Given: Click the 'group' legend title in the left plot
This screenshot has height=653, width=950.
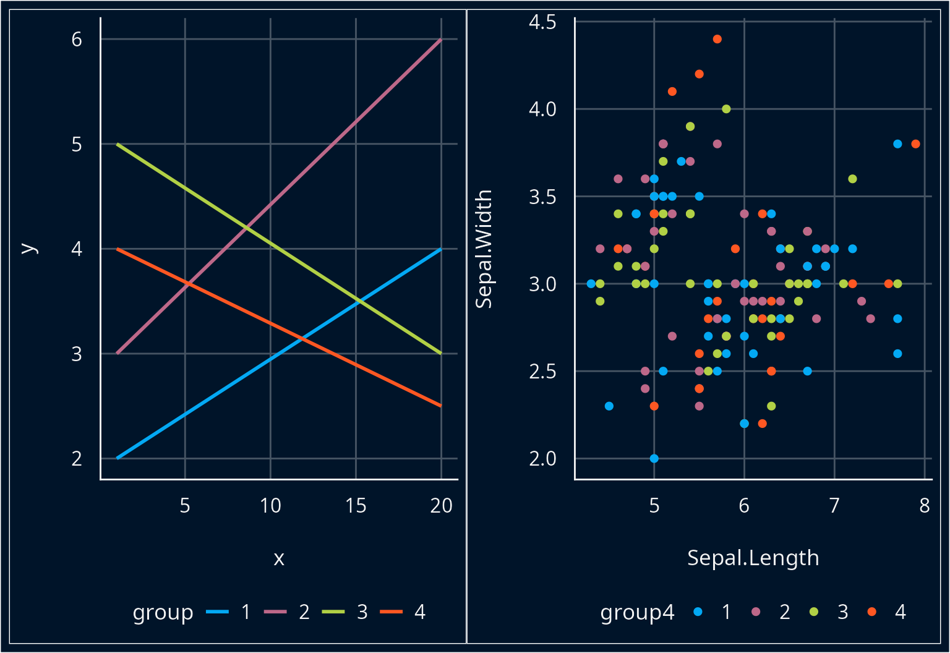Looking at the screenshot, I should click(163, 612).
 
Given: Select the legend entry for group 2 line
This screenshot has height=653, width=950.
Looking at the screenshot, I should click(275, 612).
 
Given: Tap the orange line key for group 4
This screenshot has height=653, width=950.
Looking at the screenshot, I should click(391, 612).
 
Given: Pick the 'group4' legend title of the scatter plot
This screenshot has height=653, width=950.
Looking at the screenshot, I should click(637, 612).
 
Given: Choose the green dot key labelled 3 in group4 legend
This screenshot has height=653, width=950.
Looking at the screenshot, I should click(814, 612).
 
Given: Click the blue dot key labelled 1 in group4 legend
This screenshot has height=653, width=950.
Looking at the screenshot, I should click(698, 612).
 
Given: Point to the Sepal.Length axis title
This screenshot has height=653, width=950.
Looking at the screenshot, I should click(753, 558).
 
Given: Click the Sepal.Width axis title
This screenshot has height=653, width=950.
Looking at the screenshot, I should click(484, 249).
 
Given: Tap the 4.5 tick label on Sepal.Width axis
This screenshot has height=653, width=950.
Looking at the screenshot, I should click(542, 22).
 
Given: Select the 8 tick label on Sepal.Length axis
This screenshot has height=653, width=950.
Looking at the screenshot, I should click(924, 506).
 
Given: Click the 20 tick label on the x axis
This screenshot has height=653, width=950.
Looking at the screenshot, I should click(441, 506).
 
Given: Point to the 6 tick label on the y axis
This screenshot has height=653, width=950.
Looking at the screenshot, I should click(77, 40).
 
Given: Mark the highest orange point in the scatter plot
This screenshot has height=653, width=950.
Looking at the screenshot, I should click(717, 39).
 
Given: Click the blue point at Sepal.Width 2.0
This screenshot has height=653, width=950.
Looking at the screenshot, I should click(654, 458).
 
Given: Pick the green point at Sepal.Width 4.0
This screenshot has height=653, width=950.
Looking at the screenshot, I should click(726, 109).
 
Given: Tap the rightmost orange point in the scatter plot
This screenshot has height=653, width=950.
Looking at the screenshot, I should click(915, 144).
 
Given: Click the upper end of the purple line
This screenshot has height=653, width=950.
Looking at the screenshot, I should click(440, 40).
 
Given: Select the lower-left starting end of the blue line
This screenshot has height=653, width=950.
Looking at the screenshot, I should click(118, 458).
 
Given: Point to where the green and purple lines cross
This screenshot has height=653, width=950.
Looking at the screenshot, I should click(247, 228).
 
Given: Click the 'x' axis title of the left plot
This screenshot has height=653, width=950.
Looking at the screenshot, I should click(279, 558).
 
